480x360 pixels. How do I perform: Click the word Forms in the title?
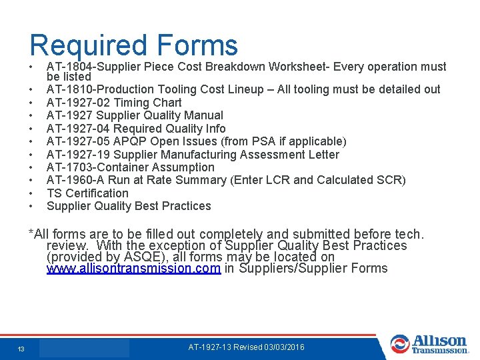click(197, 45)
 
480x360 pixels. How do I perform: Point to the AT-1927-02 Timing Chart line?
click(114, 103)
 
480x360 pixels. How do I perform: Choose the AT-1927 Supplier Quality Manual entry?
click(135, 115)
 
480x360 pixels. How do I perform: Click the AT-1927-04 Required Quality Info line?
click(136, 129)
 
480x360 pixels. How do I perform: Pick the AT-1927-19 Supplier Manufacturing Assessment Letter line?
click(193, 155)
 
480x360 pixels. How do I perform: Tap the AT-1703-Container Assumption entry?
click(130, 167)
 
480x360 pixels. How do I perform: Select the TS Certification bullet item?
click(87, 193)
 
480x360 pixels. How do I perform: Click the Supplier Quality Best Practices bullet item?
click(129, 206)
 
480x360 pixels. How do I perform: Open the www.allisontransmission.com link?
click(133, 269)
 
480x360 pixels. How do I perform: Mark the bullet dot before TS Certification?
click(31, 193)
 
